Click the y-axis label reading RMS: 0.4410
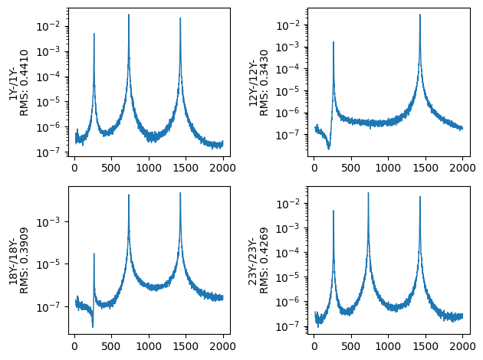click(x=24, y=82)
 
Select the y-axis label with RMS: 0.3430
click(x=264, y=82)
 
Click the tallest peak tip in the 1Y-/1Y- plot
click(x=129, y=15)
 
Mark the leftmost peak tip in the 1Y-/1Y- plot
click(x=94, y=34)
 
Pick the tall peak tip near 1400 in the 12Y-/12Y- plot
click(x=419, y=15)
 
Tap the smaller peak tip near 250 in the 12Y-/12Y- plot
click(x=333, y=42)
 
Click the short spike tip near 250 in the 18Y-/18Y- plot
click(x=94, y=254)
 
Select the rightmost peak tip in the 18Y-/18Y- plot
click(x=180, y=193)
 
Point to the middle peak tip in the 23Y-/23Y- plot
click(x=369, y=193)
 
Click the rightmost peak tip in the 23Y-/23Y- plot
click(x=419, y=197)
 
